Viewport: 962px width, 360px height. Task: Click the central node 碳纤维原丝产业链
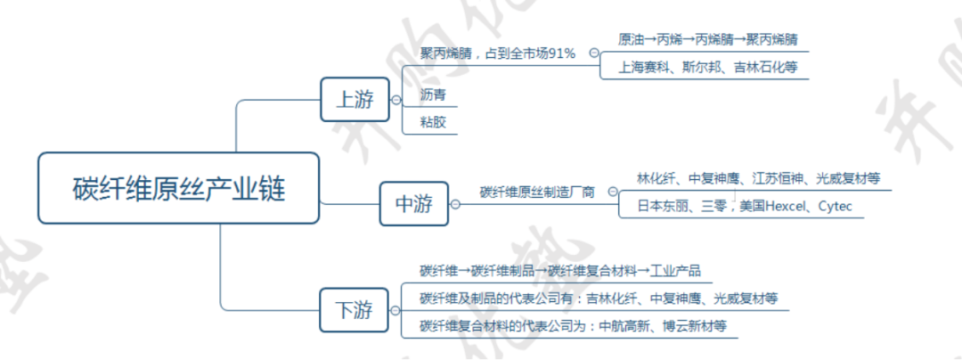178,189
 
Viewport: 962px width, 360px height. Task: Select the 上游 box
355,99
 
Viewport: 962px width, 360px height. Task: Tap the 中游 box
414,204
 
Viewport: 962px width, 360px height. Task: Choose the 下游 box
355,310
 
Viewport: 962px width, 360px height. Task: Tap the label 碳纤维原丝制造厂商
537,192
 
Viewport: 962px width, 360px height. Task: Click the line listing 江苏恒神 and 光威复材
758,178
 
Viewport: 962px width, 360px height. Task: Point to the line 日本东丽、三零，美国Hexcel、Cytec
744,207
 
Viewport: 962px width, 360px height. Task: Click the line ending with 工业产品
566,270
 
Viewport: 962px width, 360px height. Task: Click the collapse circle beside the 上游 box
395,100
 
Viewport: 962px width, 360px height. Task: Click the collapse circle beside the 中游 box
455,204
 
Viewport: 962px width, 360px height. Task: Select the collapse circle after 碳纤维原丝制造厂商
613,192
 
